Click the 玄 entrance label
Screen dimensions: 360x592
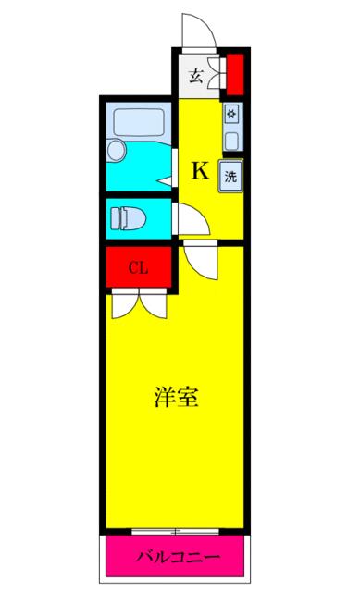195,76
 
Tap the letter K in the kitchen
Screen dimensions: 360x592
200,170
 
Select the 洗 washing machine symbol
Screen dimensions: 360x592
230,176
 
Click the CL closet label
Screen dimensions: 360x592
138,267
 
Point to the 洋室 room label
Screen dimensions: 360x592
176,397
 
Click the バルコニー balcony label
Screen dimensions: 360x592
178,557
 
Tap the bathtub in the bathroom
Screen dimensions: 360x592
139,121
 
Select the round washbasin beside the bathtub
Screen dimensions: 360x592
116,150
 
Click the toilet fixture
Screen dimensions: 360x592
128,218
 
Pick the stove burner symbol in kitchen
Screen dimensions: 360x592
231,113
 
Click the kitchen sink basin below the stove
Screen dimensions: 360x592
231,142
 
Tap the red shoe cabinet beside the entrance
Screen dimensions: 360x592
235,74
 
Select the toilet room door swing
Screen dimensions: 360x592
193,219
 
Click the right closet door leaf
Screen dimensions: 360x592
153,305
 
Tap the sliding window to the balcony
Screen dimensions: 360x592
175,532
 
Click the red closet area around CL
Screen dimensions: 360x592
138,267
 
